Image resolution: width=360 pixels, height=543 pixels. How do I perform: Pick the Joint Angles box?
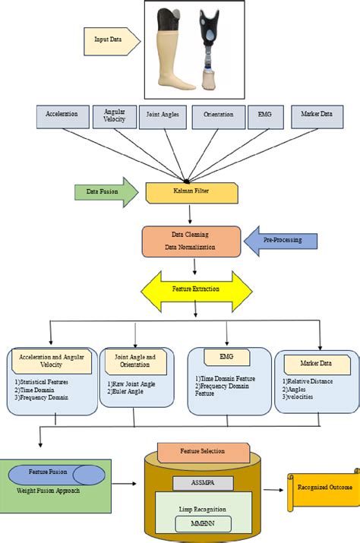[161, 117]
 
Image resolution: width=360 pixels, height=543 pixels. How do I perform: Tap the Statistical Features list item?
[43, 377]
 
